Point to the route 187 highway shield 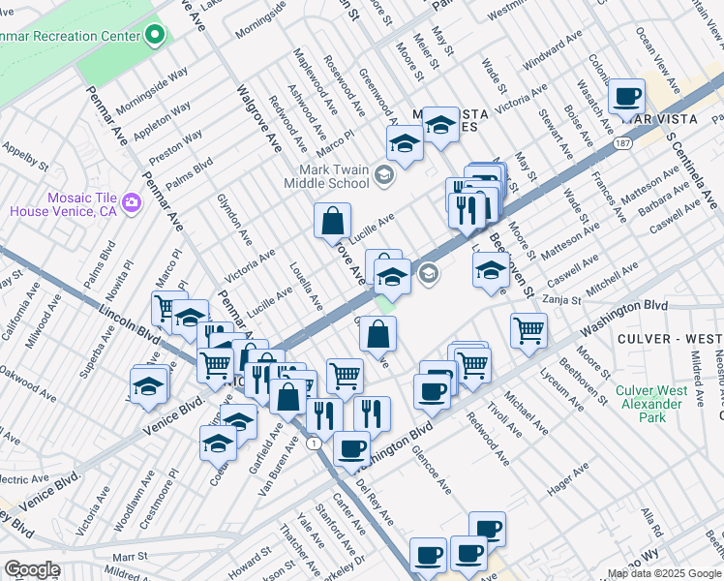click(x=621, y=144)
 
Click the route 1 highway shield click(x=313, y=443)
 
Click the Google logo click(x=32, y=568)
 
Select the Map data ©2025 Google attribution click(x=663, y=573)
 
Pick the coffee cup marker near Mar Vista click(x=627, y=98)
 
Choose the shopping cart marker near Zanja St click(x=528, y=330)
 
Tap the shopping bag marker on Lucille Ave click(x=332, y=221)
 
